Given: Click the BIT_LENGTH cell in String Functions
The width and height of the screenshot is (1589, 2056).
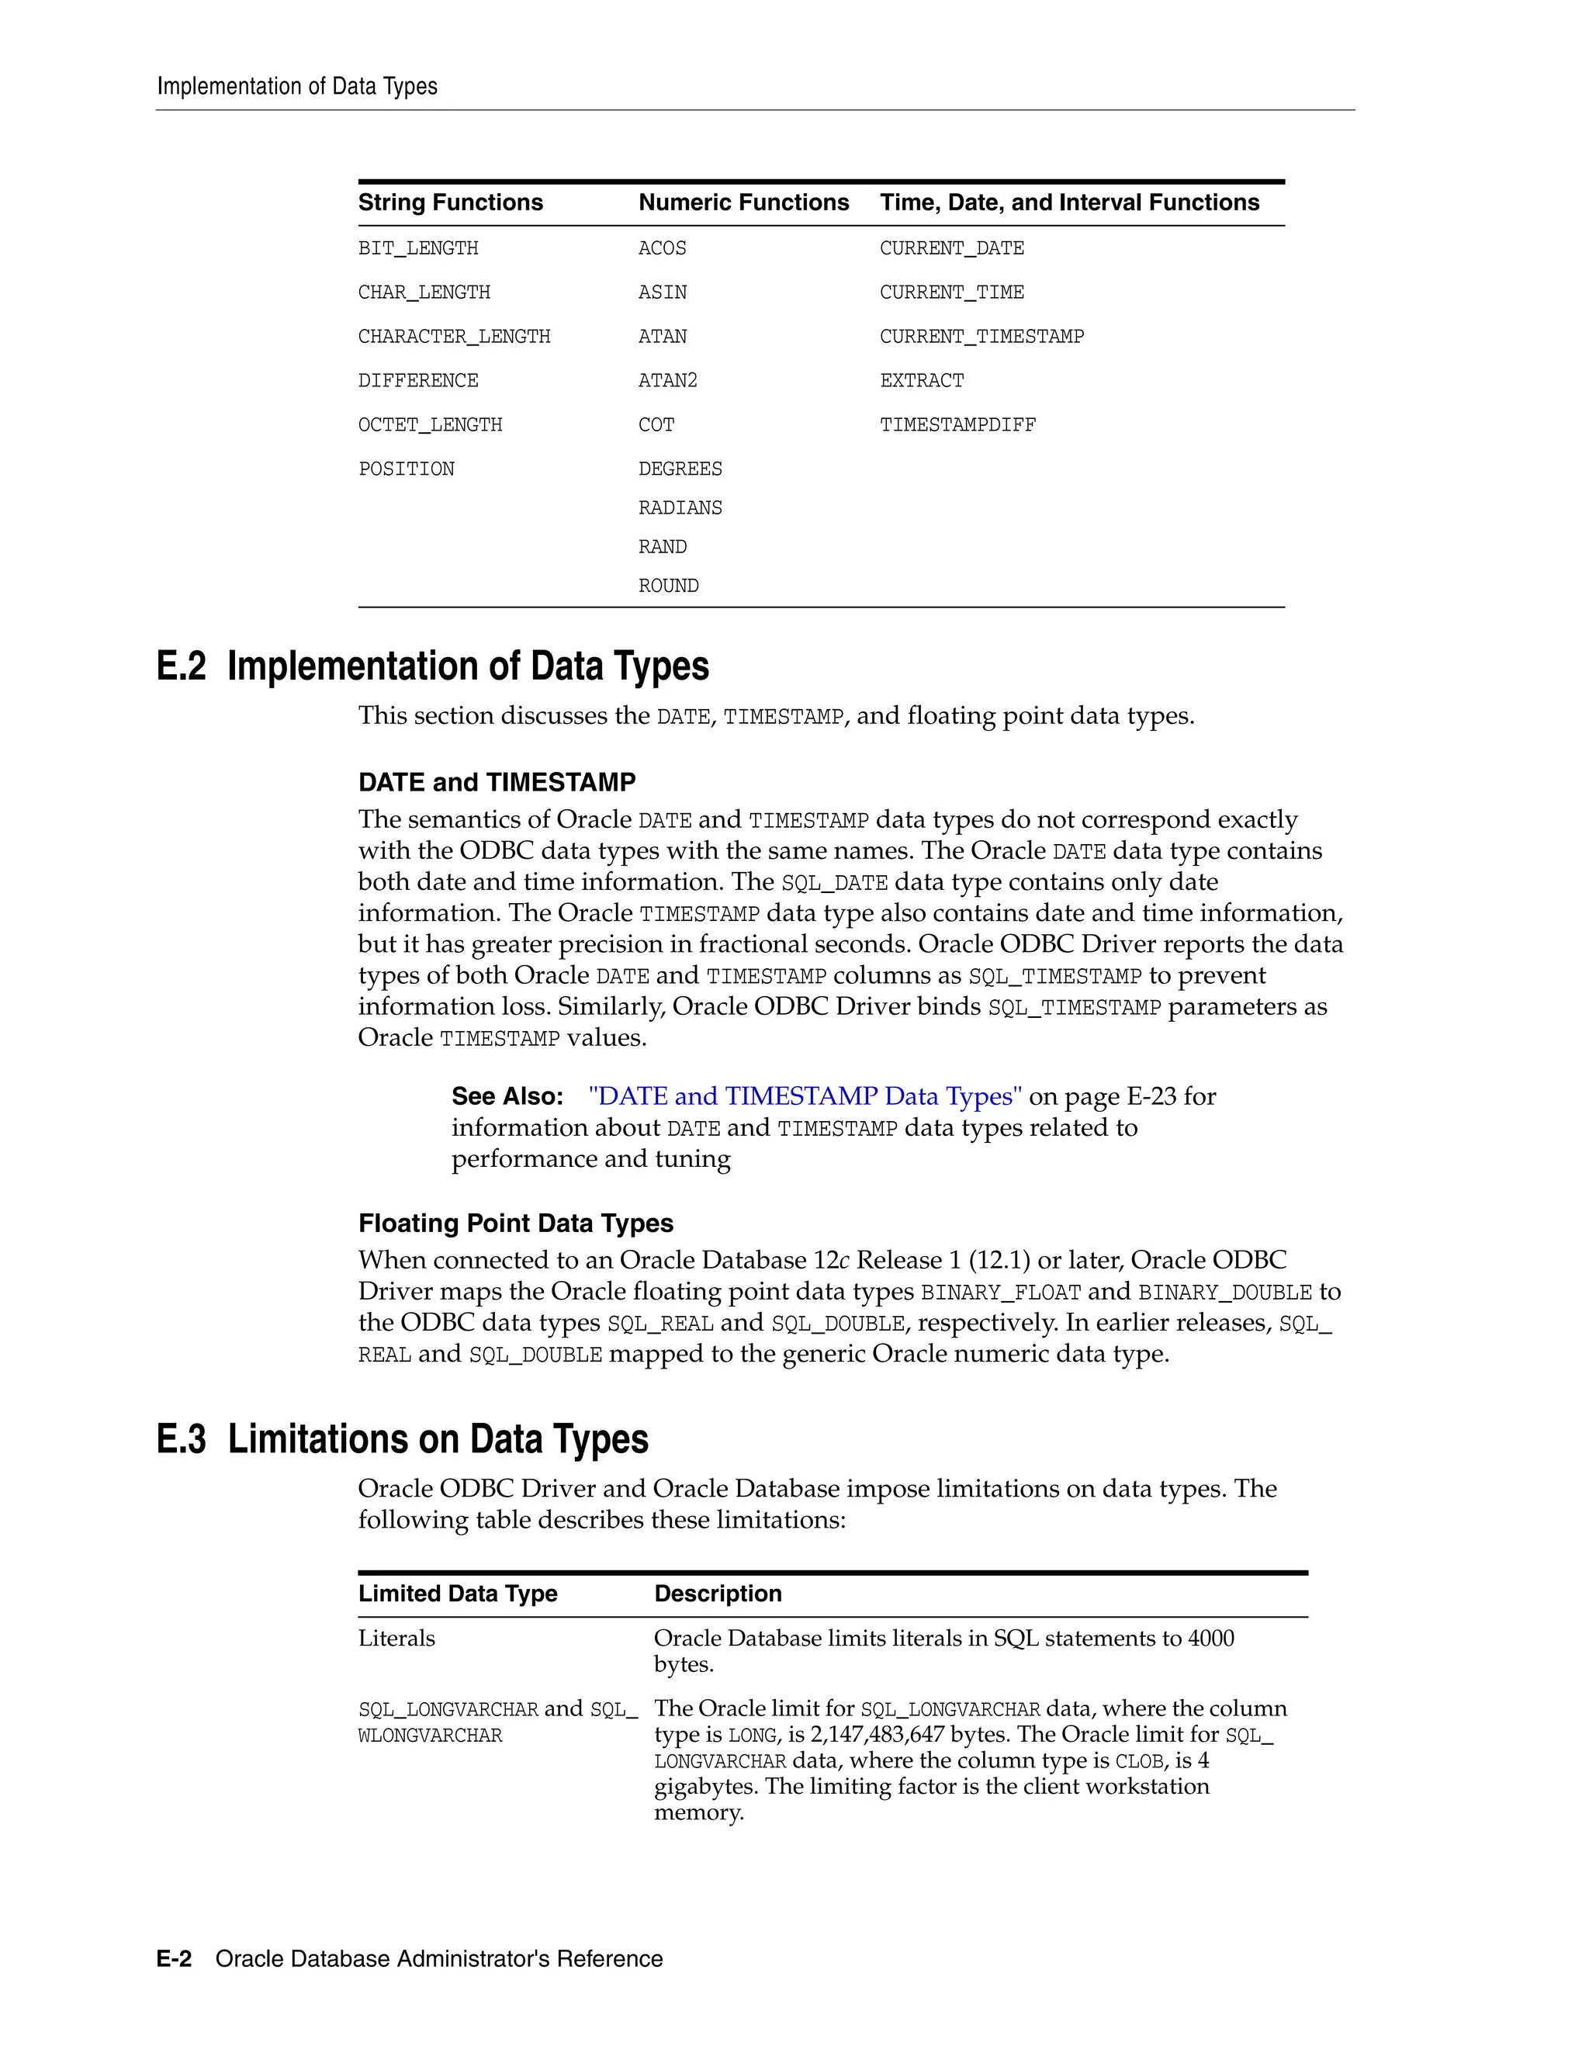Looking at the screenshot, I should click(418, 248).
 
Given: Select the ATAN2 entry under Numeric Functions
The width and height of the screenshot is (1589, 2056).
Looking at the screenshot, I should click(667, 380).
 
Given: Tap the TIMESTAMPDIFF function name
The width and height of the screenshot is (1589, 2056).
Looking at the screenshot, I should click(957, 424).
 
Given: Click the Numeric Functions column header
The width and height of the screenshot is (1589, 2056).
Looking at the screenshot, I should click(743, 202).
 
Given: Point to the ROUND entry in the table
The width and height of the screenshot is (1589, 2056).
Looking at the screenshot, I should click(668, 586).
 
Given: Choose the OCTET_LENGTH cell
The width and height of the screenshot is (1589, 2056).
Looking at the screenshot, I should click(430, 424).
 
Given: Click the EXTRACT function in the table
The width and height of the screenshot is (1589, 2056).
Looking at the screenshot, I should click(922, 380).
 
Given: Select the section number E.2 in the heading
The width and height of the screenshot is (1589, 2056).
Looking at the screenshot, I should click(181, 666).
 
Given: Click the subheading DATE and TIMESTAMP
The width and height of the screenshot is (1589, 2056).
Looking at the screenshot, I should click(496, 782).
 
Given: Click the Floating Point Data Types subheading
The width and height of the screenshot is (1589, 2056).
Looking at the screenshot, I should click(515, 1223).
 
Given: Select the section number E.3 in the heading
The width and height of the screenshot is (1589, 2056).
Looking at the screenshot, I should click(181, 1439).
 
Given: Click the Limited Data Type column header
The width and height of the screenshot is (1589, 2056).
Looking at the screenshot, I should click(458, 1594).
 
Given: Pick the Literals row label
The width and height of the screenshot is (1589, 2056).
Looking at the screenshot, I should click(396, 1639).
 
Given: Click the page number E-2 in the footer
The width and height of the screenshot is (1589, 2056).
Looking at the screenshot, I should click(174, 1959).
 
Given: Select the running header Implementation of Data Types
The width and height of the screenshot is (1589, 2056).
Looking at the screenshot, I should click(296, 87).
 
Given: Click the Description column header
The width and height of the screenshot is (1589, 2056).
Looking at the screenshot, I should click(718, 1594).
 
